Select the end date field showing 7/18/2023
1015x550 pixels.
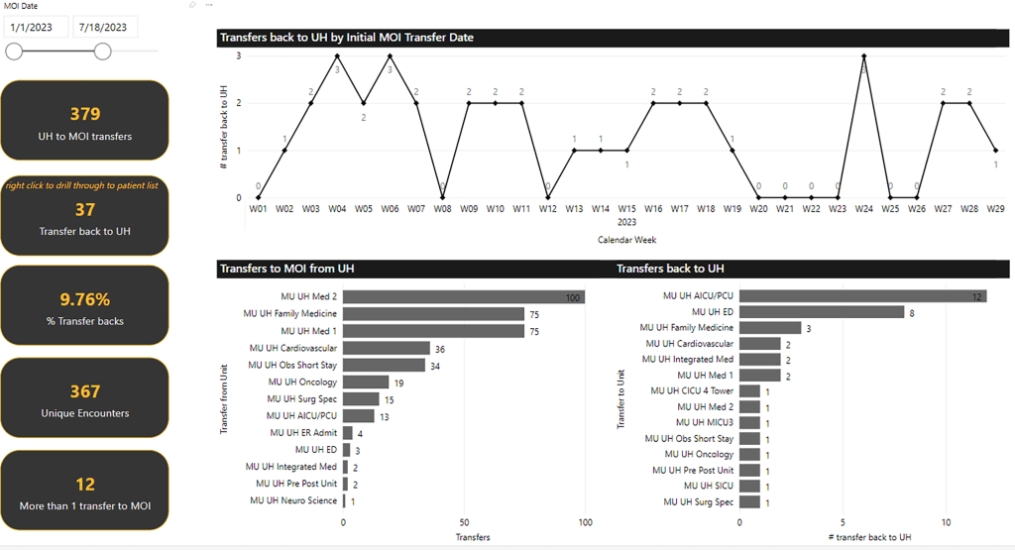pyautogui.click(x=102, y=27)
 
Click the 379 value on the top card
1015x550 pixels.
pyautogui.click(x=85, y=114)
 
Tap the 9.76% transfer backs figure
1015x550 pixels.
pyautogui.click(x=85, y=299)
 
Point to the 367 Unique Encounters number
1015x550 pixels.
pyautogui.click(x=85, y=391)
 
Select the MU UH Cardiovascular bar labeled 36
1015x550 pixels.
pyautogui.click(x=387, y=348)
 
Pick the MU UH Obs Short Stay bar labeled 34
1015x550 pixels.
pyautogui.click(x=384, y=365)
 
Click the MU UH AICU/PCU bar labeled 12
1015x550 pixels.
pyautogui.click(x=862, y=296)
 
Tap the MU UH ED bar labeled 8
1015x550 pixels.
pyautogui.click(x=822, y=312)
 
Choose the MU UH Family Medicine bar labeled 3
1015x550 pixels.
pyautogui.click(x=770, y=327)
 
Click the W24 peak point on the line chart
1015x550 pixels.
pyautogui.click(x=864, y=55)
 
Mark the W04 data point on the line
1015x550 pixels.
pyautogui.click(x=337, y=55)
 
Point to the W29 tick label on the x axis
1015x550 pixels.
pyautogui.click(x=996, y=209)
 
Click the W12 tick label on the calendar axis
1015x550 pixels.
pyautogui.click(x=547, y=209)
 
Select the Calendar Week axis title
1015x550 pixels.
pyautogui.click(x=626, y=239)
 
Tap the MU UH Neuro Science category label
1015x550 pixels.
pyautogui.click(x=294, y=500)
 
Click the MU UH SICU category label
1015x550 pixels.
pyautogui.click(x=707, y=486)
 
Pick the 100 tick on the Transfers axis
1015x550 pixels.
pyautogui.click(x=585, y=522)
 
